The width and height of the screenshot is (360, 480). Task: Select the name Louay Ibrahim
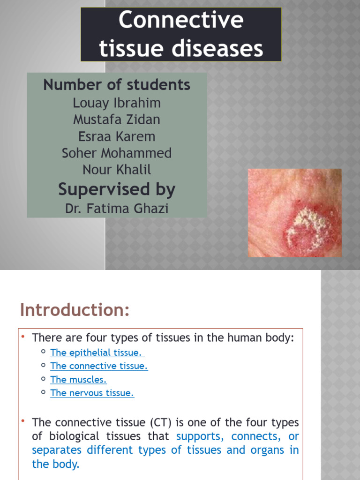pyautogui.click(x=117, y=103)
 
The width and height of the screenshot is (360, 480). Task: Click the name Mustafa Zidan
pyautogui.click(x=117, y=120)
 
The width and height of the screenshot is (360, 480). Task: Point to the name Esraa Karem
pyautogui.click(x=117, y=136)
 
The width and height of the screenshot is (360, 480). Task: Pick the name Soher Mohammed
pyautogui.click(x=117, y=153)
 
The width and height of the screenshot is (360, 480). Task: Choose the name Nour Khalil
pyautogui.click(x=117, y=170)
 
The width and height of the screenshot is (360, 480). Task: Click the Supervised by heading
pyautogui.click(x=117, y=189)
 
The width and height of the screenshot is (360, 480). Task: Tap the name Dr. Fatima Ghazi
pyautogui.click(x=117, y=208)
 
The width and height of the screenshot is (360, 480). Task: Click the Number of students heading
pyautogui.click(x=117, y=85)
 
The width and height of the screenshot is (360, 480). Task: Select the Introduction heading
pyautogui.click(x=75, y=310)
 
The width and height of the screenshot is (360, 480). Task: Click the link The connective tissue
pyautogui.click(x=99, y=366)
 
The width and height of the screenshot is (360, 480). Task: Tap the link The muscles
pyautogui.click(x=78, y=380)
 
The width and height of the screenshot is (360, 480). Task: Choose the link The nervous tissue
pyautogui.click(x=92, y=393)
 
